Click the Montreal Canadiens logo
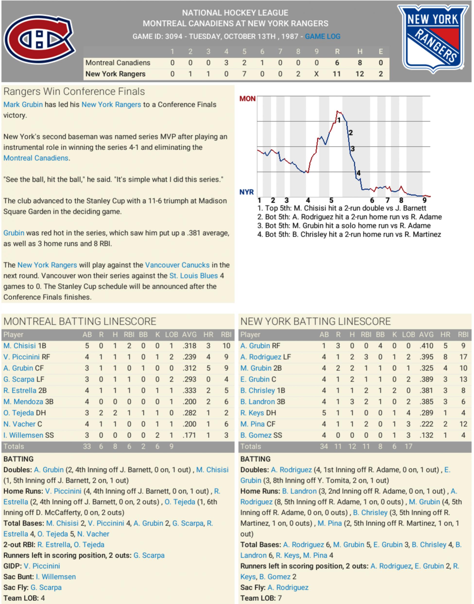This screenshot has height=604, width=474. [39, 39]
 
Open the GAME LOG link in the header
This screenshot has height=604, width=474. [322, 36]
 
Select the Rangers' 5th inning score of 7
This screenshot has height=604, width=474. [244, 74]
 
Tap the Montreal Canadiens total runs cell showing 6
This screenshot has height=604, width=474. [337, 63]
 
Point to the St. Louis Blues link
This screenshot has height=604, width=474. [193, 276]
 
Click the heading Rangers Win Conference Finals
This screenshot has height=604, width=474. [74, 91]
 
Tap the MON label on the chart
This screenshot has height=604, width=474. [247, 99]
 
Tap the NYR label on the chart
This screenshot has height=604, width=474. [246, 192]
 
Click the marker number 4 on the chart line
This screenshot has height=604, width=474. [359, 173]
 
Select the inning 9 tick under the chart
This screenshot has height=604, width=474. [424, 200]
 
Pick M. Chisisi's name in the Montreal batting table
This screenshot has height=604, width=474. [20, 346]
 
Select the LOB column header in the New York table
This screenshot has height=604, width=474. [408, 334]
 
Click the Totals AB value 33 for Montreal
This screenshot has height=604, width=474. [87, 446]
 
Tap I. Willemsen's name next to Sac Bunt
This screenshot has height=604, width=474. [56, 577]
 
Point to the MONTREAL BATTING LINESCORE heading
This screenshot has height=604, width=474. [80, 321]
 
